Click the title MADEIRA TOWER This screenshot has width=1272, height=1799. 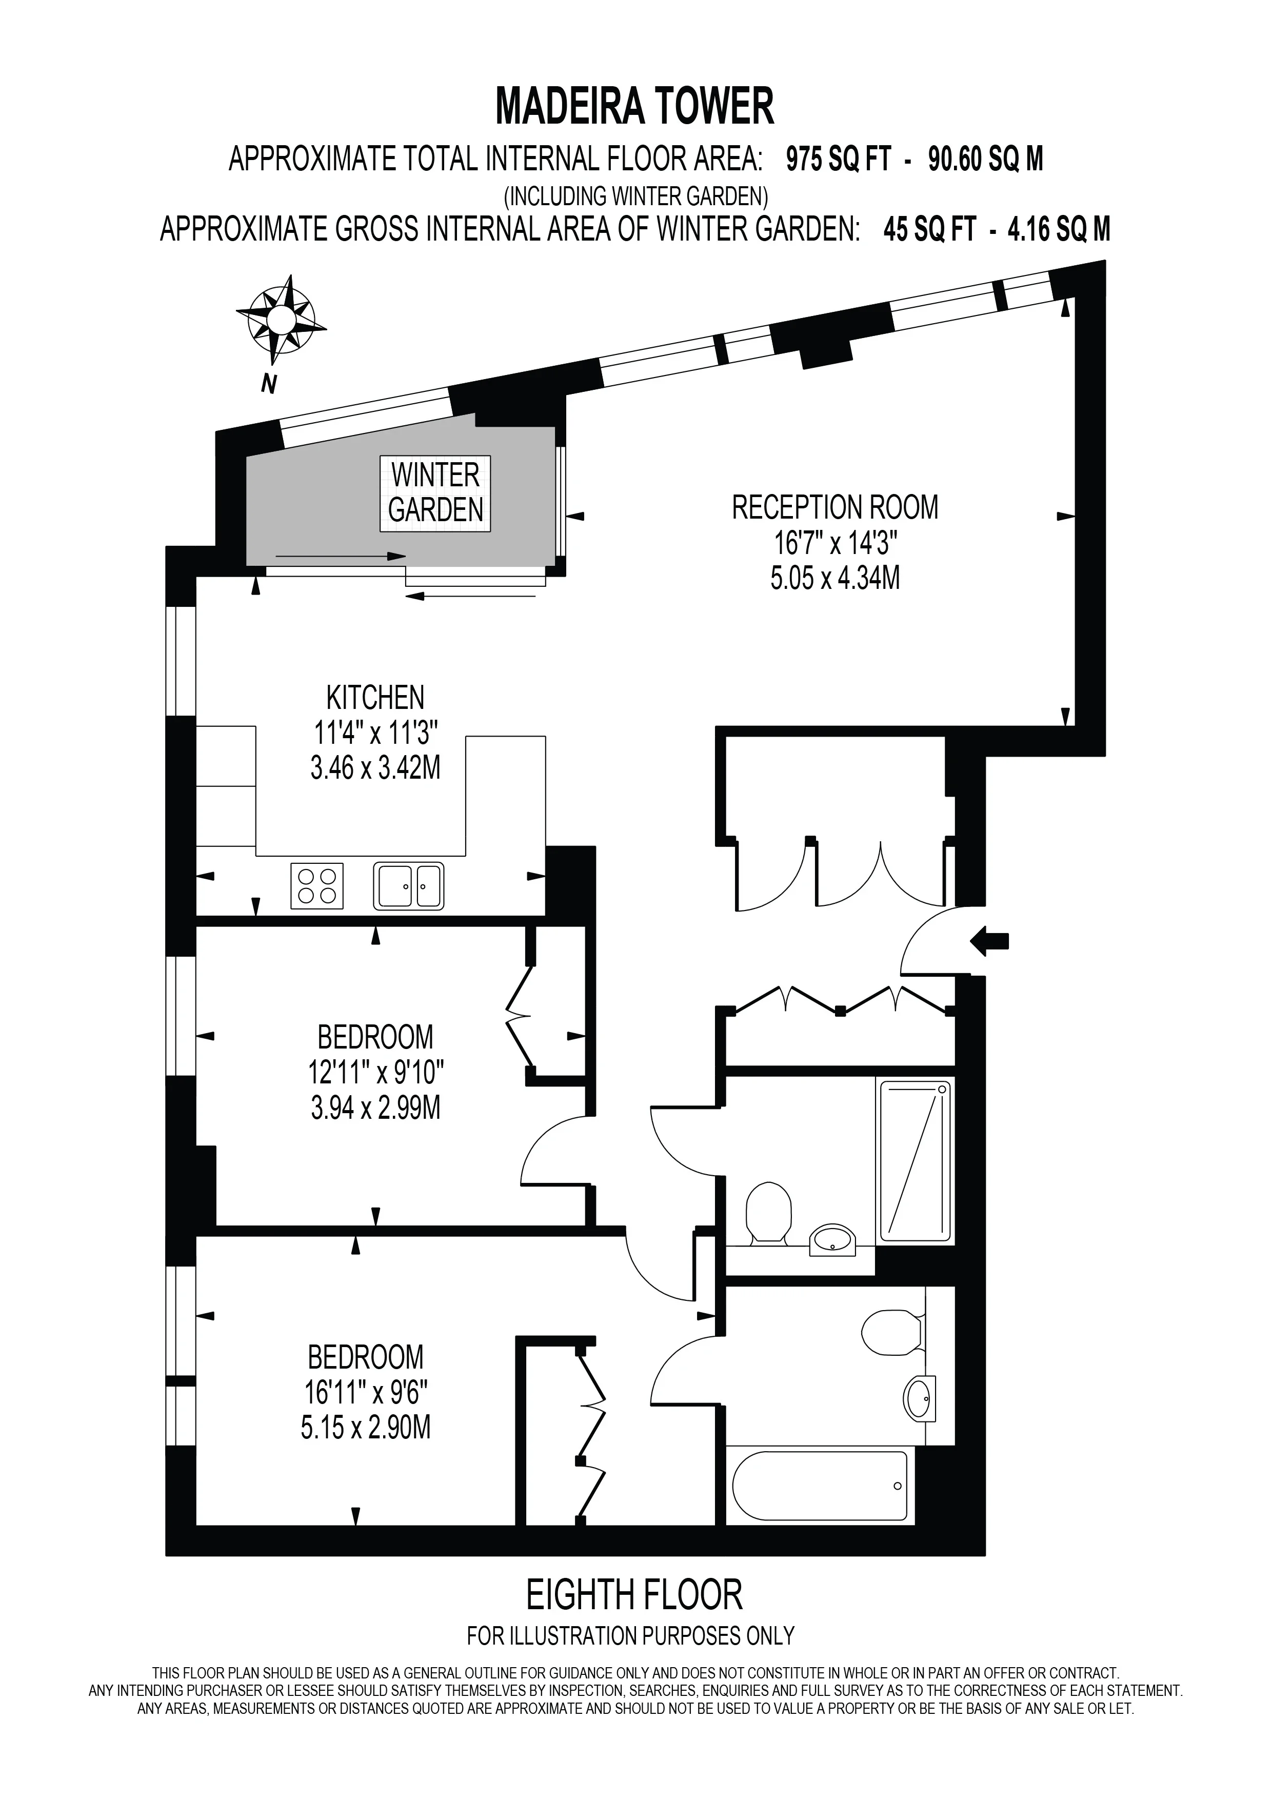click(x=635, y=107)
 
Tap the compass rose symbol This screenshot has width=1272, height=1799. click(x=281, y=320)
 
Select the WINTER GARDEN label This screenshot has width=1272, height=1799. click(x=435, y=493)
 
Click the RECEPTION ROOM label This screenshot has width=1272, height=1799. click(x=835, y=508)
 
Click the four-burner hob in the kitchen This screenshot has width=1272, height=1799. click(x=317, y=886)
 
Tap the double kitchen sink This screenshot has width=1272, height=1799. click(x=409, y=886)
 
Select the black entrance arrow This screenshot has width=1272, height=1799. click(x=989, y=940)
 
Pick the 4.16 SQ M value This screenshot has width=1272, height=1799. click(x=1059, y=230)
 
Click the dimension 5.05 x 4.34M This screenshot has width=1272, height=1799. click(x=835, y=578)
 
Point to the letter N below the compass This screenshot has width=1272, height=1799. click(x=269, y=385)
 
